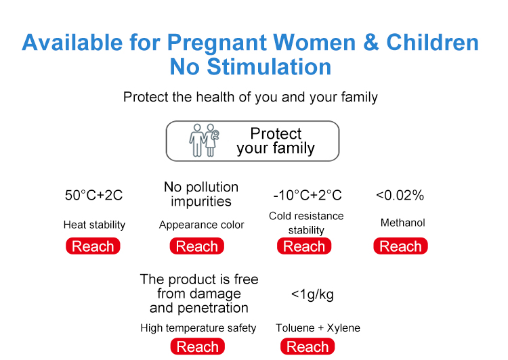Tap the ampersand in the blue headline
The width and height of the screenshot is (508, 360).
click(371, 42)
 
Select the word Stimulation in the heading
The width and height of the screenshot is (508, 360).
click(269, 67)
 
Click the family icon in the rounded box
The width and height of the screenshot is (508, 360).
click(204, 141)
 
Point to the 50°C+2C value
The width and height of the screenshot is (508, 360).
click(93, 195)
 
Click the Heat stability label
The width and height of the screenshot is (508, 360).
click(94, 225)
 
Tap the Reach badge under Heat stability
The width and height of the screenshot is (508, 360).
click(93, 246)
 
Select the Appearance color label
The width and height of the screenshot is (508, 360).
click(202, 225)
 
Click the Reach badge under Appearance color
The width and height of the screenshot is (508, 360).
click(197, 246)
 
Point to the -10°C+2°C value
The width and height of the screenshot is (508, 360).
click(308, 195)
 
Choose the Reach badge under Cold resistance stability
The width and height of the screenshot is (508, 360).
click(304, 246)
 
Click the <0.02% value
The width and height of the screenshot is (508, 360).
click(400, 195)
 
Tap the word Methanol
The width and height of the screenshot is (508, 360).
click(403, 223)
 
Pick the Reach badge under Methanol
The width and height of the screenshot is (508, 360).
click(401, 246)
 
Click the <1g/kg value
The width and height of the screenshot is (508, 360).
click(312, 294)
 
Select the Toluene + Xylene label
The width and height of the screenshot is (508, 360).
click(318, 328)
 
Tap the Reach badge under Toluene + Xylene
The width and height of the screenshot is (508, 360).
click(308, 346)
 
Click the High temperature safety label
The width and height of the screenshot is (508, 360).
click(198, 328)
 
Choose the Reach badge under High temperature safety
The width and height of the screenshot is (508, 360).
click(198, 346)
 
